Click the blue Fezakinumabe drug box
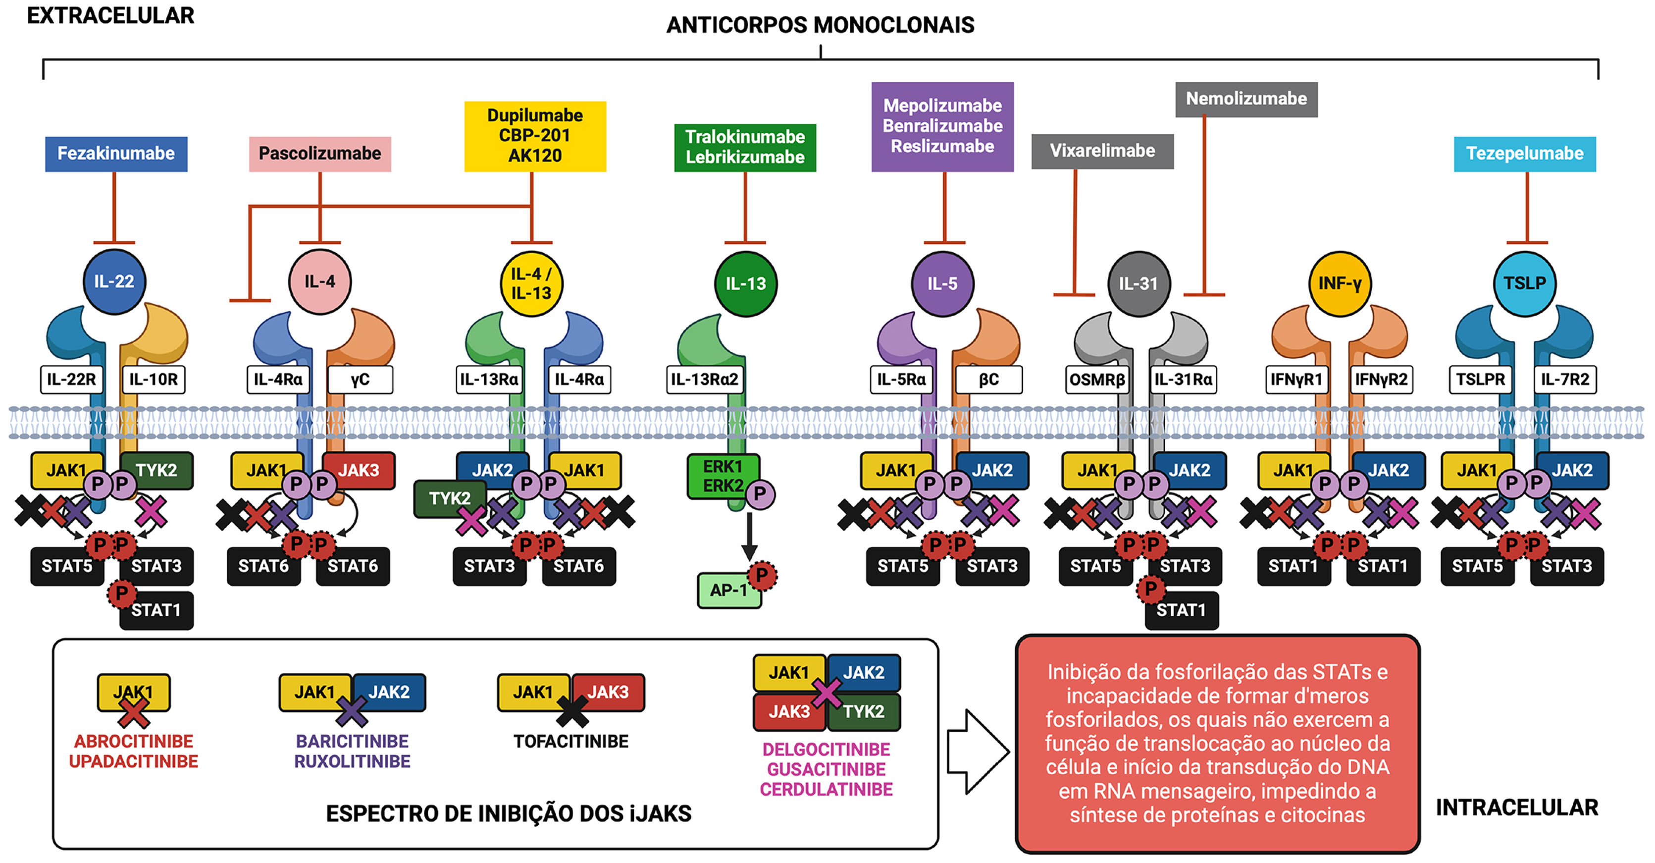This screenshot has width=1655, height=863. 116,154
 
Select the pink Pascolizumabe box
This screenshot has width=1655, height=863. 320,154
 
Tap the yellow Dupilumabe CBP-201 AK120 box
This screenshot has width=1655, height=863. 535,136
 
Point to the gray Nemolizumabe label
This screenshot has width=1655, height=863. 1246,99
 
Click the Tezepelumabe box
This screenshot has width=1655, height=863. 1525,154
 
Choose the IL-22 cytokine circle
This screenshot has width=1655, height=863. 114,281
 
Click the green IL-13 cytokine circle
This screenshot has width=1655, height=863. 745,284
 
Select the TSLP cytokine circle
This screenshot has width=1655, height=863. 1525,283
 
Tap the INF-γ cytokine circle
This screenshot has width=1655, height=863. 1340,283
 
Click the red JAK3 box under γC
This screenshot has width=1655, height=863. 359,470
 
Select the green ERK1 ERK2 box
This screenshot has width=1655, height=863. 724,476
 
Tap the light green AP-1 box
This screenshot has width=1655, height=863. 729,590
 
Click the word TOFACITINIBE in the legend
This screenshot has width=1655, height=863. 571,742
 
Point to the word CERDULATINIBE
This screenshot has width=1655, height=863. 826,789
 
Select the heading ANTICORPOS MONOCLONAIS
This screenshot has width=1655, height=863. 821,25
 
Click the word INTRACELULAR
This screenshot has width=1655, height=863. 1517,808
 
